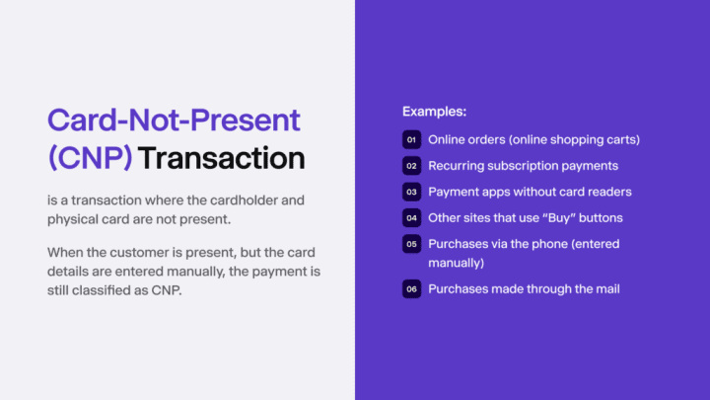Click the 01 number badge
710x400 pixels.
(411, 139)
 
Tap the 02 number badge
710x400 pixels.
(411, 166)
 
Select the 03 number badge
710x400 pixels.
(411, 192)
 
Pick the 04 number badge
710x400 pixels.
(411, 217)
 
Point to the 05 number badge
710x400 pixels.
(411, 244)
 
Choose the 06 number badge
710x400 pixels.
(411, 289)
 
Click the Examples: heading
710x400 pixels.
(434, 113)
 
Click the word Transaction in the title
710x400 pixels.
(222, 157)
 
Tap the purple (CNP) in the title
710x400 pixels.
(90, 157)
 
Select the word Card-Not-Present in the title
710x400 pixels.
(173, 120)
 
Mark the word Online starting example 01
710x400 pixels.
(447, 139)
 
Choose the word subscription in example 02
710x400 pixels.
(526, 166)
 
